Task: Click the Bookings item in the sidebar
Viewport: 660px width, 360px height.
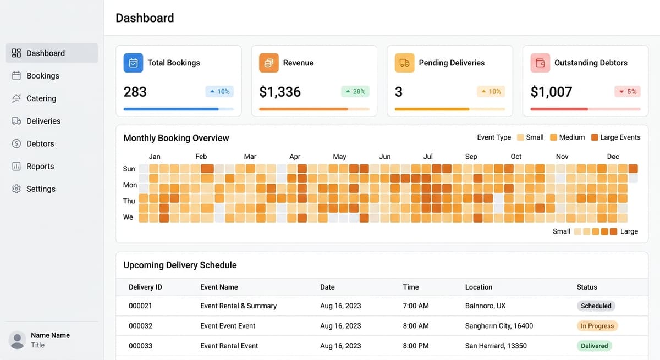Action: pyautogui.click(x=42, y=76)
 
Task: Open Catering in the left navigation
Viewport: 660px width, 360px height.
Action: pyautogui.click(x=41, y=98)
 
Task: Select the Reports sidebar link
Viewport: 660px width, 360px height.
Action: pyautogui.click(x=40, y=167)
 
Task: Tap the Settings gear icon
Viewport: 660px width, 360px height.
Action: pyautogui.click(x=16, y=189)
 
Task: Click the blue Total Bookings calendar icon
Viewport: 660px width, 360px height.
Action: pyautogui.click(x=133, y=63)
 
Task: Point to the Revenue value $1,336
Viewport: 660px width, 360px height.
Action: pyautogui.click(x=280, y=92)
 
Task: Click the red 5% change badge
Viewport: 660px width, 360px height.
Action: pyautogui.click(x=628, y=92)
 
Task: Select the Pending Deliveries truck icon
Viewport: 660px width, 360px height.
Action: pyautogui.click(x=404, y=63)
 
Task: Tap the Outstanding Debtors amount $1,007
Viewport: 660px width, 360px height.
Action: pyautogui.click(x=551, y=92)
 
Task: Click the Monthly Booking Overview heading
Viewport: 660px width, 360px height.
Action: pyautogui.click(x=176, y=138)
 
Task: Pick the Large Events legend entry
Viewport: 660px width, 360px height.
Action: pyautogui.click(x=615, y=137)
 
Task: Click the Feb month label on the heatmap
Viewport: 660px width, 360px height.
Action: pyautogui.click(x=201, y=157)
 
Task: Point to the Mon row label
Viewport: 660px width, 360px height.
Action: pyautogui.click(x=130, y=185)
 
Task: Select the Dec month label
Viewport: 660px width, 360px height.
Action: pyautogui.click(x=613, y=157)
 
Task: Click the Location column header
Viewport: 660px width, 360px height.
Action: pyautogui.click(x=479, y=287)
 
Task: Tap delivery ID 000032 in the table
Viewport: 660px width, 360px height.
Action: pyautogui.click(x=140, y=326)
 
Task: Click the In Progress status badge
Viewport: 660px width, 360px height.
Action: pyautogui.click(x=597, y=326)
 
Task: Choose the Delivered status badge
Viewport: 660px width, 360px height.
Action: pyautogui.click(x=594, y=346)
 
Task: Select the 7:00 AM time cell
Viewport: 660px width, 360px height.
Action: pyautogui.click(x=415, y=306)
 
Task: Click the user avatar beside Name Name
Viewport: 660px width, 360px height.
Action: pyautogui.click(x=18, y=340)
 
